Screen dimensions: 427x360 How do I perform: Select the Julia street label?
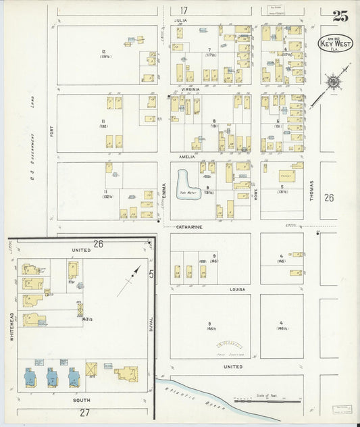click(x=181, y=21)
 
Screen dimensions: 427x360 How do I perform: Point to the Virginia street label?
click(x=190, y=89)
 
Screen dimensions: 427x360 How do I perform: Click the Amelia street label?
click(x=187, y=157)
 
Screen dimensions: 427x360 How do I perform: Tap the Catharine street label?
click(x=189, y=227)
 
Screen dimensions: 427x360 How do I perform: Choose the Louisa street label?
click(x=236, y=289)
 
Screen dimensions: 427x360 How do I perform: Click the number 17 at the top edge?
click(x=184, y=10)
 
